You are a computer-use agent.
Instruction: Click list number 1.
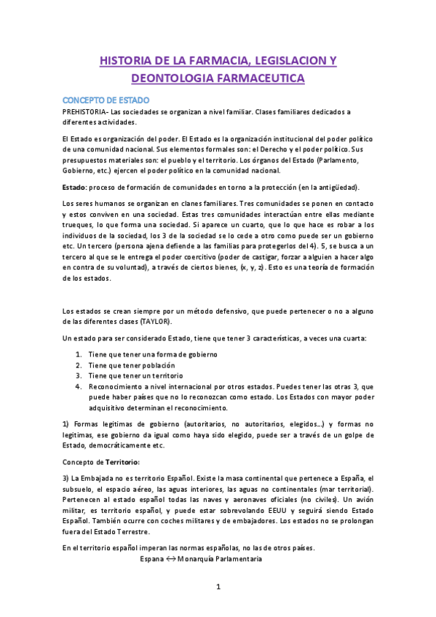pyautogui.click(x=79, y=354)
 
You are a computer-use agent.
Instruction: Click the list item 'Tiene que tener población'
pyautogui.click(x=132, y=365)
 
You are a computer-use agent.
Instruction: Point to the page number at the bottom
pyautogui.click(x=218, y=586)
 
